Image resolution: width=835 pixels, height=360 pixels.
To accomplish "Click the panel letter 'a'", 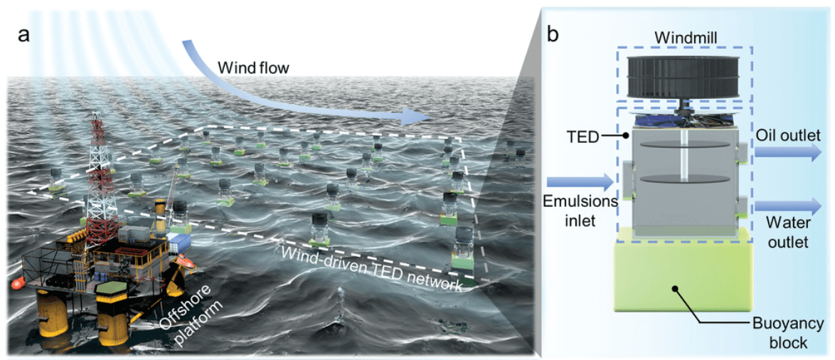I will [x=24, y=33].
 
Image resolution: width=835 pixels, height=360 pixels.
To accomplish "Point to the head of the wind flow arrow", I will [x=422, y=116].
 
